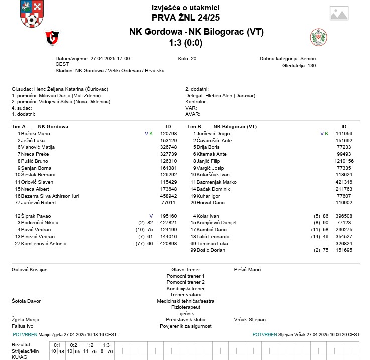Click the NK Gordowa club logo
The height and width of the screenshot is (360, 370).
coord(52,37)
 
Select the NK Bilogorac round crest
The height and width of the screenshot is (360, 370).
coord(318,37)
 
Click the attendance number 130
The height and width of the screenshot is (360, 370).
coord(311,66)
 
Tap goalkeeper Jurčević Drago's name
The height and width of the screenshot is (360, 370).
coord(213,134)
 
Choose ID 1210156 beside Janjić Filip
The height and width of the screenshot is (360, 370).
coord(344,161)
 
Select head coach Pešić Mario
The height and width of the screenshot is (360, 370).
coord(248,270)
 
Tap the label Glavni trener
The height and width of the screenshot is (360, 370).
coord(185,270)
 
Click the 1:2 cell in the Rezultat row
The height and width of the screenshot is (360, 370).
coord(90,345)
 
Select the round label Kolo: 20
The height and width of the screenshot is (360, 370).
coord(187,59)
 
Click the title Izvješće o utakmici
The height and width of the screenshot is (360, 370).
coord(185,8)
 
